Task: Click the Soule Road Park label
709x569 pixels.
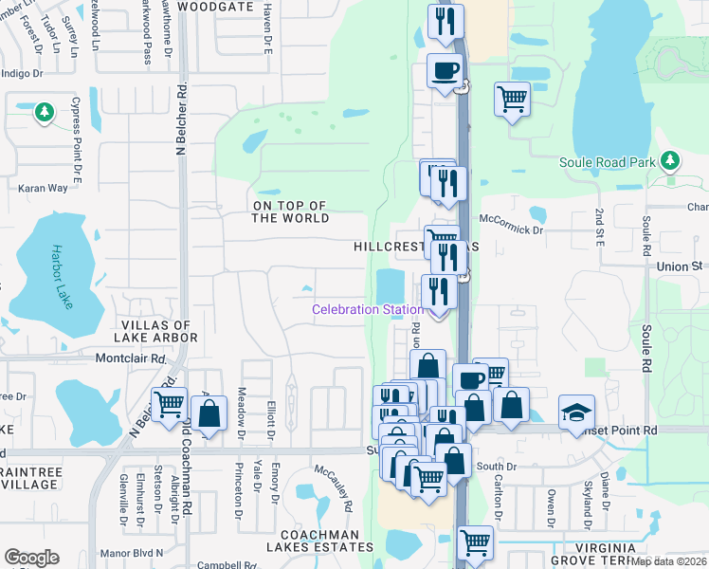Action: (x=607, y=162)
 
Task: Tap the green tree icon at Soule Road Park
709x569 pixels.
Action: (x=671, y=160)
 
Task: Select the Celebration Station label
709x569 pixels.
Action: (x=368, y=310)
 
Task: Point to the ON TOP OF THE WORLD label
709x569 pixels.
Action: (x=290, y=211)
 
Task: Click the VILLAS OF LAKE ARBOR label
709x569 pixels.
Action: (x=155, y=330)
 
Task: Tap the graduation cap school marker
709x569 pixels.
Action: (x=576, y=412)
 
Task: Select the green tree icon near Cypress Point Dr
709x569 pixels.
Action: (x=44, y=113)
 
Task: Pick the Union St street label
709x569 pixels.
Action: (x=678, y=267)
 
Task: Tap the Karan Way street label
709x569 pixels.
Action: (x=44, y=188)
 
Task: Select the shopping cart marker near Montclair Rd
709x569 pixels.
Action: (x=169, y=404)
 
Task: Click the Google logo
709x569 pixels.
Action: (x=31, y=558)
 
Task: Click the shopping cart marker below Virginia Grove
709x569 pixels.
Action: (x=475, y=543)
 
